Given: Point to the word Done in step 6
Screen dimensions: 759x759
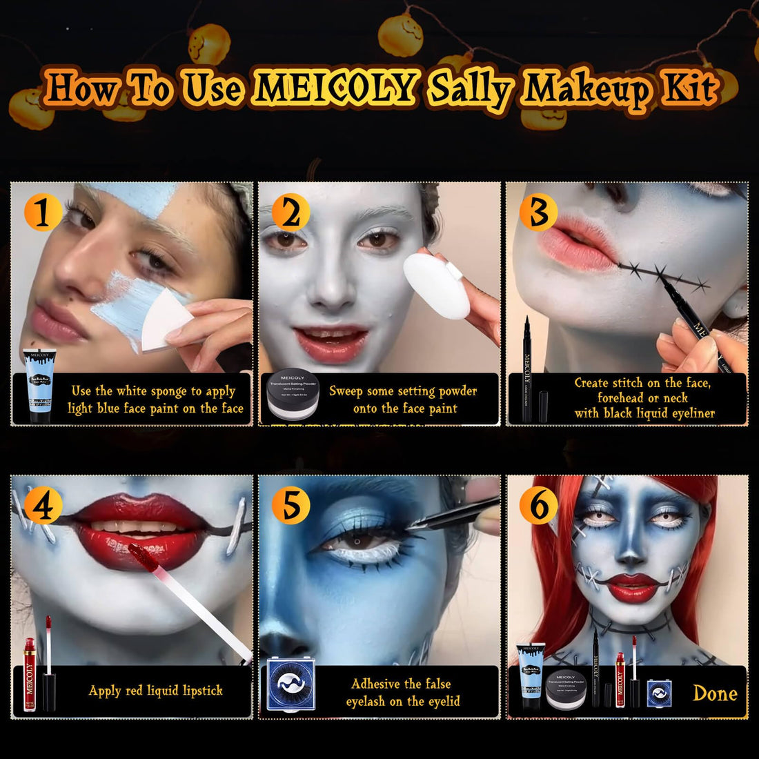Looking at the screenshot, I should tap(715, 693).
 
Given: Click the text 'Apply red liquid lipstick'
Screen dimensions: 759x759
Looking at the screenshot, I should tap(155, 690).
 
